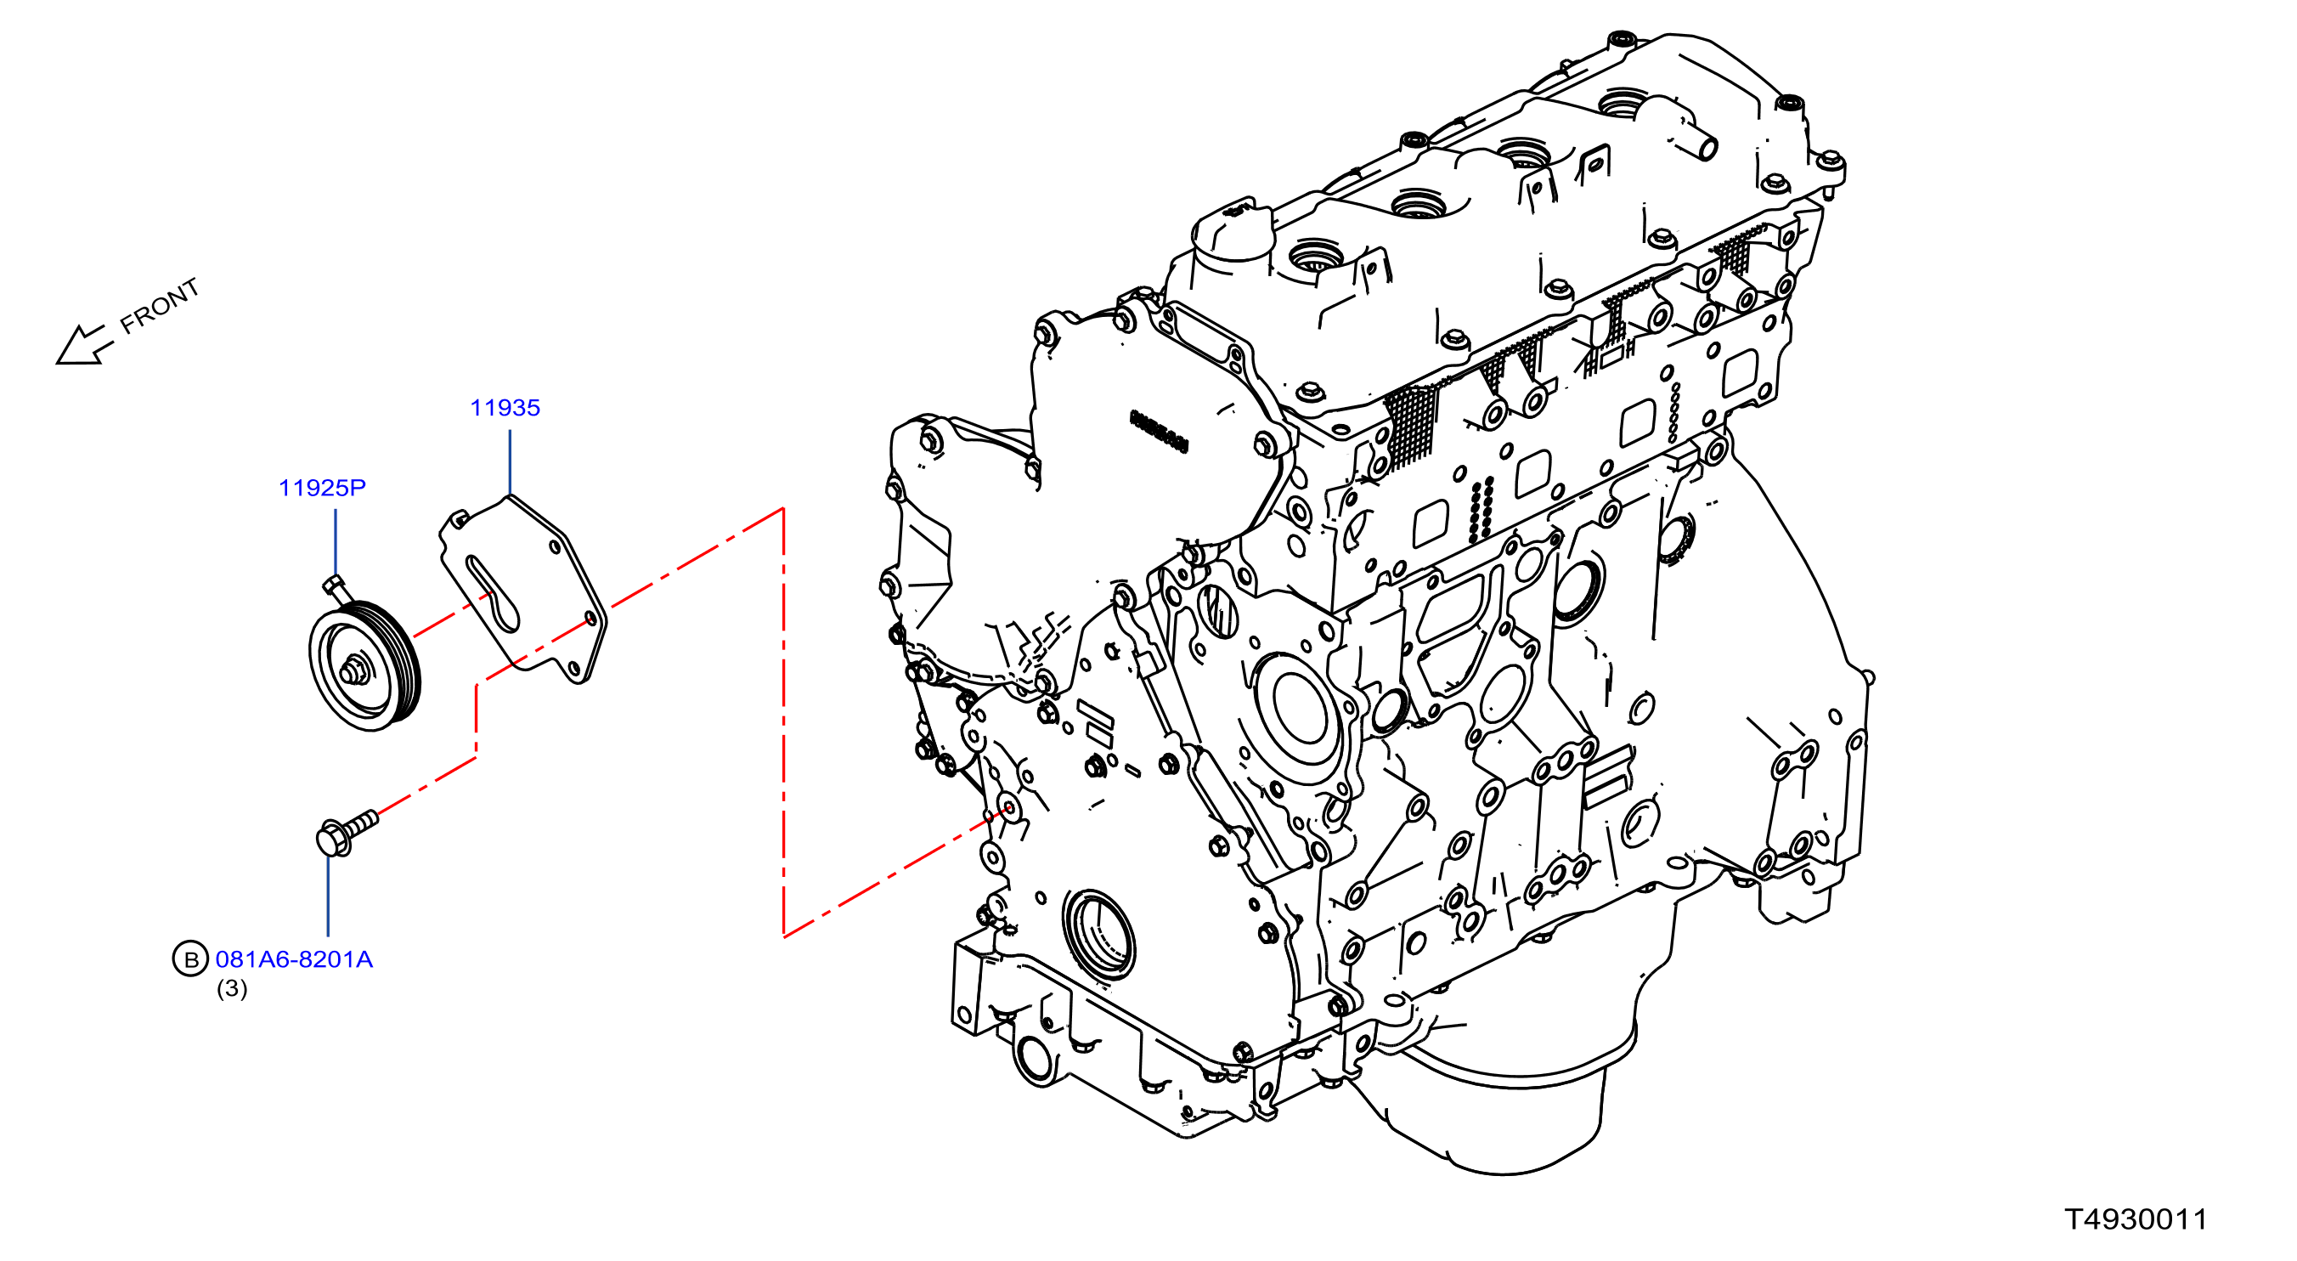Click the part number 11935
coord(505,409)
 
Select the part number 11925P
coord(322,488)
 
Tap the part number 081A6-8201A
coord(294,959)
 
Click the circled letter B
coord(190,959)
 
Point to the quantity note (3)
coord(232,988)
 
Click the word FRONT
coord(161,306)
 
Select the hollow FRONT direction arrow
coord(86,345)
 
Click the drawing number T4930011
coord(2136,1220)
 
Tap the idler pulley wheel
coord(364,666)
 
